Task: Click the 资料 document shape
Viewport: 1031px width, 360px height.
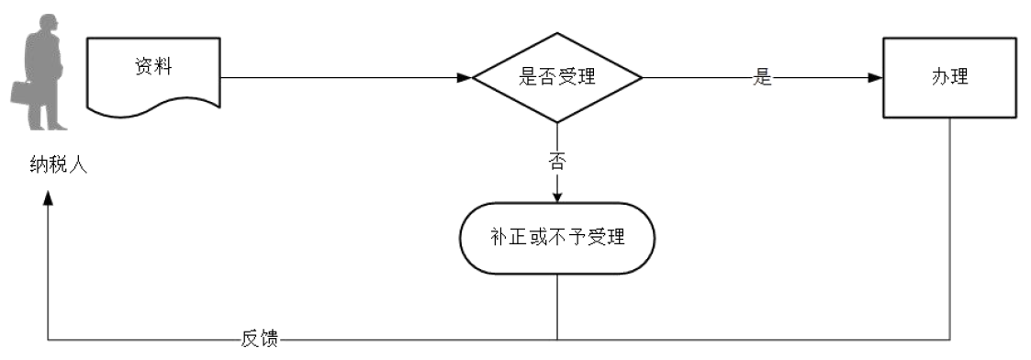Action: point(153,77)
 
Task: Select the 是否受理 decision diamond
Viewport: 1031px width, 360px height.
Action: point(556,78)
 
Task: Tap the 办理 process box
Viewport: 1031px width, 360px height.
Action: point(949,78)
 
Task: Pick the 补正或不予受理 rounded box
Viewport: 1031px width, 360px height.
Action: point(556,238)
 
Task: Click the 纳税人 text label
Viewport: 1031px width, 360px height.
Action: point(57,167)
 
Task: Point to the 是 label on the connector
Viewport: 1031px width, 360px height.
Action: point(762,78)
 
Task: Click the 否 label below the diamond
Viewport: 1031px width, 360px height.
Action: point(556,163)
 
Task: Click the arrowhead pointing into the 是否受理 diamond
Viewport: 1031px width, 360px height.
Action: point(465,78)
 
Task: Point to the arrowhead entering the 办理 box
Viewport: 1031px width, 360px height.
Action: point(877,78)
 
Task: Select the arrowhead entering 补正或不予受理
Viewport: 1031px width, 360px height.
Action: point(556,196)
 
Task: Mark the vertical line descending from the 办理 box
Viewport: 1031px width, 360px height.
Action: point(949,230)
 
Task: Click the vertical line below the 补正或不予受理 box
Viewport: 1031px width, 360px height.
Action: point(556,308)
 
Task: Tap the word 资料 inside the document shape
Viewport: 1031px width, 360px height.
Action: point(153,67)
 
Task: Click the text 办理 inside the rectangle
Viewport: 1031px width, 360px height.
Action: point(949,78)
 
